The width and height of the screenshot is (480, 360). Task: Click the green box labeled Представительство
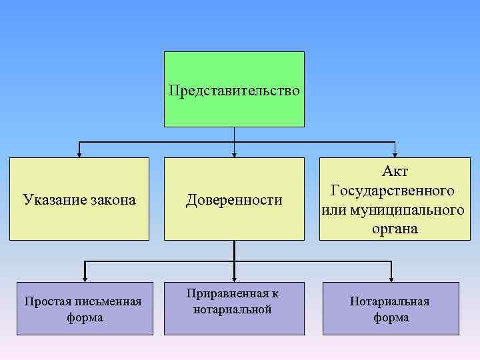pyautogui.click(x=234, y=89)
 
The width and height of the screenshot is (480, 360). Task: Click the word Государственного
pyautogui.click(x=393, y=190)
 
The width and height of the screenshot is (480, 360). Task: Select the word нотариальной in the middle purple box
pyautogui.click(x=233, y=309)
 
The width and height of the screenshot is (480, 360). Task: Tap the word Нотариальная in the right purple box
pyautogui.click(x=390, y=301)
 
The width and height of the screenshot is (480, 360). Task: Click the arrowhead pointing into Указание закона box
pyautogui.click(x=79, y=154)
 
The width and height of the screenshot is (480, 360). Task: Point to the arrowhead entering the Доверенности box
pyautogui.click(x=234, y=154)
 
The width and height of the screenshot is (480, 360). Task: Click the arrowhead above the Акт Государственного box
pyautogui.click(x=395, y=154)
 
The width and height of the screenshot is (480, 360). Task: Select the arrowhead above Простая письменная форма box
pyautogui.click(x=85, y=278)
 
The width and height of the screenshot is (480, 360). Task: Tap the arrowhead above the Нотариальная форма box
pyautogui.click(x=391, y=278)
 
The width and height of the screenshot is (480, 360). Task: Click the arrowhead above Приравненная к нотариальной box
pyautogui.click(x=234, y=278)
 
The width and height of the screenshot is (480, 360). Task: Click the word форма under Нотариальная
pyautogui.click(x=391, y=317)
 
